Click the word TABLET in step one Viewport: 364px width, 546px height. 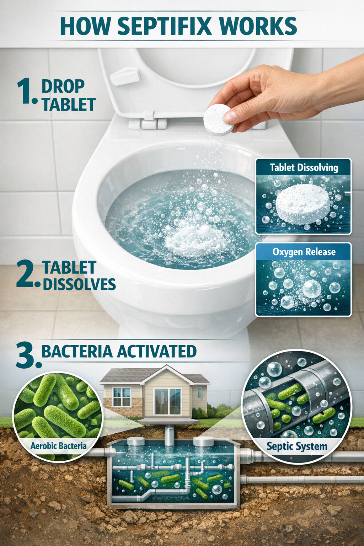[69, 105]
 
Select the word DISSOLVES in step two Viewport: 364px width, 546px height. [79, 284]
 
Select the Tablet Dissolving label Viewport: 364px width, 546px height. [304, 167]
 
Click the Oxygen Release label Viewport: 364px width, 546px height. [304, 252]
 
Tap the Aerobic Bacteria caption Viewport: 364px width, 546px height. [58, 445]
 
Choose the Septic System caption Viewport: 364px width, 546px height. [297, 446]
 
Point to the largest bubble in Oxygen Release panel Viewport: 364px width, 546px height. [312, 289]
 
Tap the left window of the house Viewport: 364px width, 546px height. [121, 397]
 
